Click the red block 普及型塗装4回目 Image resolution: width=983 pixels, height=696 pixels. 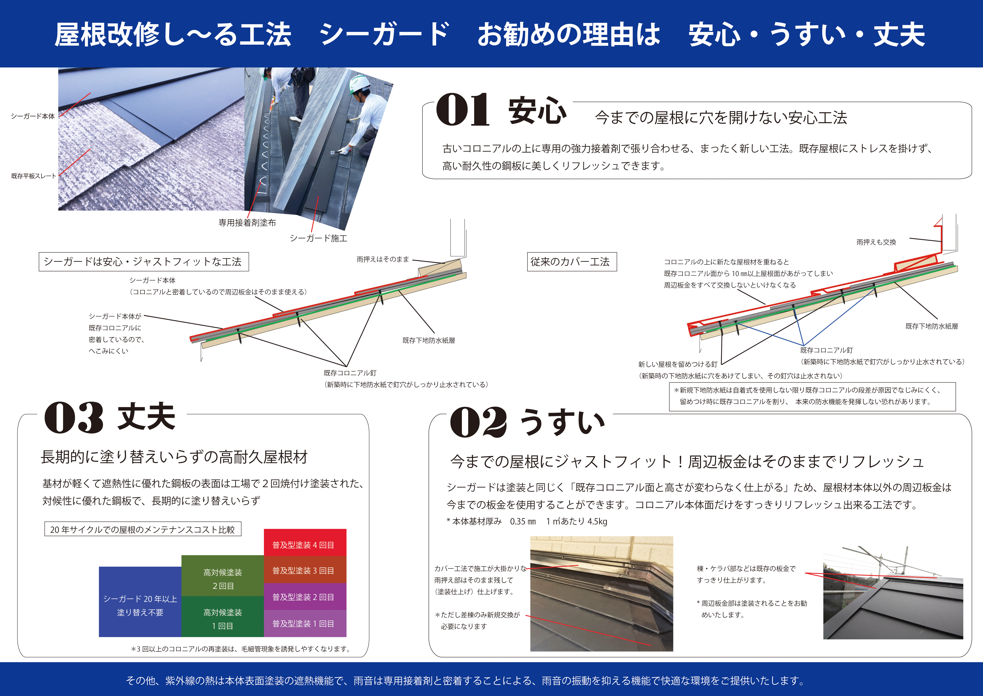(x=305, y=543)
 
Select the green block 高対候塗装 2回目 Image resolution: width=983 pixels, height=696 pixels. (x=223, y=576)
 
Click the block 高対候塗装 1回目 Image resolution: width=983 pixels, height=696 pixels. (x=223, y=616)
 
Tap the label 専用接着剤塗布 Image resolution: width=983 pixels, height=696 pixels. (x=247, y=222)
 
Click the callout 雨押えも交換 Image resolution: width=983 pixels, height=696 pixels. (x=876, y=242)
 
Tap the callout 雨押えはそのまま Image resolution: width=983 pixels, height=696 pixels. (x=383, y=259)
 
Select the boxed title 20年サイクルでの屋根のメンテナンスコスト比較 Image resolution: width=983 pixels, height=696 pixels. (x=143, y=529)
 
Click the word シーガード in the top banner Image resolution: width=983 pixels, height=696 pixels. (x=384, y=34)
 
